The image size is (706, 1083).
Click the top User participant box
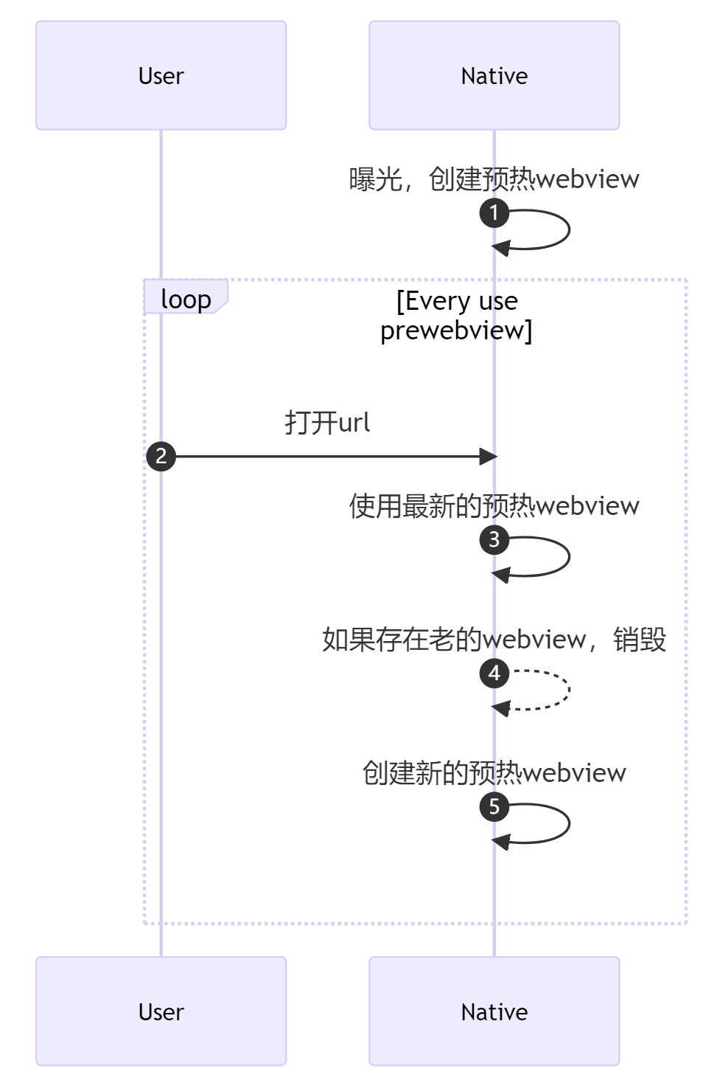click(161, 75)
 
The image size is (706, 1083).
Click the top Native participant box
click(494, 75)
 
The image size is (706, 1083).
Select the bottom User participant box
click(161, 1011)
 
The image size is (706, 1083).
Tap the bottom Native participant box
click(494, 1011)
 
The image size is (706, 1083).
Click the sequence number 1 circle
click(494, 213)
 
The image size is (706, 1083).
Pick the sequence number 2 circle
click(161, 456)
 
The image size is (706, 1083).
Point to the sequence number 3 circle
click(494, 539)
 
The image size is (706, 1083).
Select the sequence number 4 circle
click(494, 673)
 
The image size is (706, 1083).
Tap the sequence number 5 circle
click(494, 806)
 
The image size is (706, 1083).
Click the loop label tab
click(186, 299)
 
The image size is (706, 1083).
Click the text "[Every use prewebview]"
click(457, 315)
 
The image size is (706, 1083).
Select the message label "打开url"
click(327, 423)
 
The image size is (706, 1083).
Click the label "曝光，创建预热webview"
click(494, 179)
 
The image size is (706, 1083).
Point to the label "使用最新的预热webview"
click(494, 505)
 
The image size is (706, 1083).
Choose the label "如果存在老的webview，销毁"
click(494, 639)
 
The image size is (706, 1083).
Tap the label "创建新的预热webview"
click(494, 772)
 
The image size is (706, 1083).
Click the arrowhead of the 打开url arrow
click(488, 457)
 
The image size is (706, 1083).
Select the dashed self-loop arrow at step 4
click(568, 691)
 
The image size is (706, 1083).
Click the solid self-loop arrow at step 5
click(568, 823)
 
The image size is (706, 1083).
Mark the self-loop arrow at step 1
click(568, 230)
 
